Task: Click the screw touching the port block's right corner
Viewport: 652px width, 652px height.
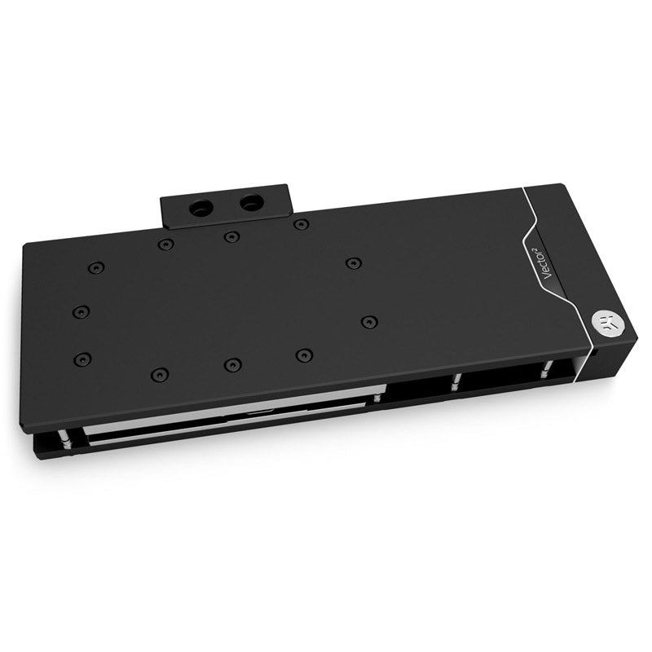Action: click(301, 224)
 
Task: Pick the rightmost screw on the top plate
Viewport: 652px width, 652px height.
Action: click(369, 322)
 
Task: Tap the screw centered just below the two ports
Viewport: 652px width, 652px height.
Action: click(232, 237)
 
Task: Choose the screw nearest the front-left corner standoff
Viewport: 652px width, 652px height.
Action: click(81, 359)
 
